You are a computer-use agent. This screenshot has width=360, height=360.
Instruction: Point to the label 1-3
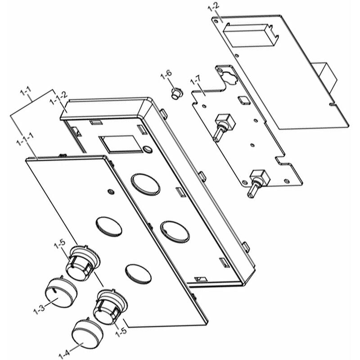tap(39, 310)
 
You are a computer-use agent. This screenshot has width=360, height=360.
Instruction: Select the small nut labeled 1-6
tap(176, 94)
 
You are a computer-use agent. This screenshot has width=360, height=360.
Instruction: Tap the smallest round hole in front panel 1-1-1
tap(110, 192)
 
